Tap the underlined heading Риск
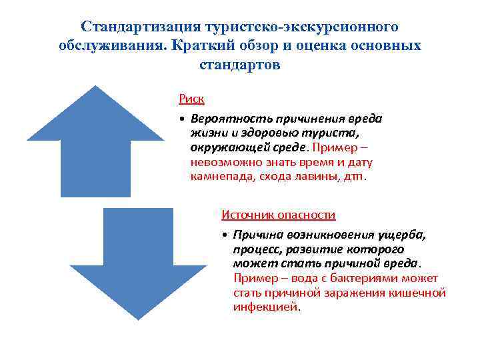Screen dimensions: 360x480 [x=191, y=99]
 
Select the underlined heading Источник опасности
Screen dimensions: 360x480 [x=278, y=215]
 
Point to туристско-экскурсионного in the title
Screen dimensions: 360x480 [x=300, y=27]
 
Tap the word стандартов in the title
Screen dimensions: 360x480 [x=240, y=65]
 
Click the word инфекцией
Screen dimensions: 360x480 [x=266, y=307]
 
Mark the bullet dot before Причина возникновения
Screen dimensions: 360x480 [x=226, y=235]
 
